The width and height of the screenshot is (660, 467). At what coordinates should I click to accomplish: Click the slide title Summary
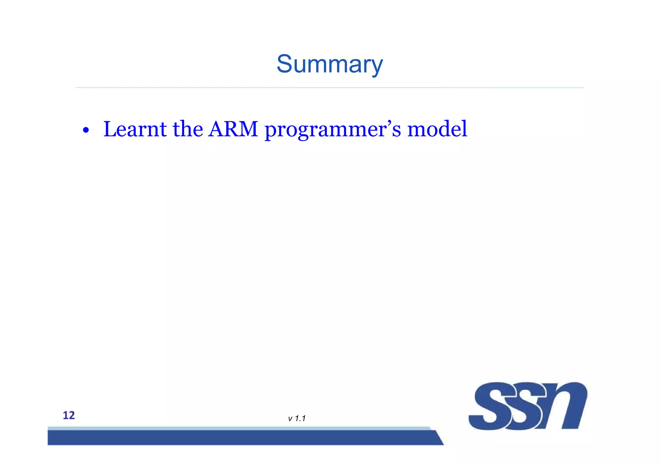(x=330, y=65)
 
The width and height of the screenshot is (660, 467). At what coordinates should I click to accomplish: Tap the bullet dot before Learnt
(x=85, y=131)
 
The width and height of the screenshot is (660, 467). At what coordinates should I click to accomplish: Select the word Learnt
(x=135, y=129)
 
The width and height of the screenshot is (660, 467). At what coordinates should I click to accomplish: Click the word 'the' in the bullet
(x=188, y=129)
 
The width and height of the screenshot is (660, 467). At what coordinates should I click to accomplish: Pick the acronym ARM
(x=233, y=129)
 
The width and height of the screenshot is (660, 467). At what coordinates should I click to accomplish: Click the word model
(x=437, y=129)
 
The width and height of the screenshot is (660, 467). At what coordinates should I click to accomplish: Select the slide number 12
(x=69, y=415)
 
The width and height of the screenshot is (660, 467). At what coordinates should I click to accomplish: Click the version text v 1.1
(x=296, y=419)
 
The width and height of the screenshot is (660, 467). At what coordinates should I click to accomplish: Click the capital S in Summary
(x=284, y=64)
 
